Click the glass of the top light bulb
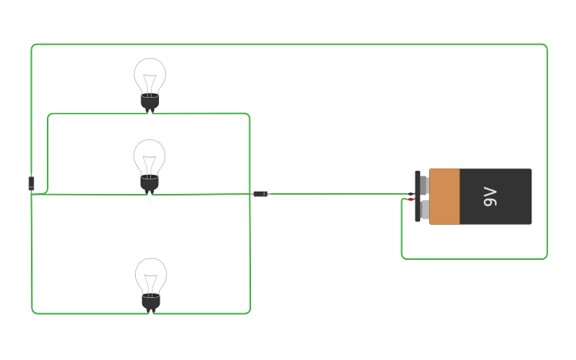pos(150,75)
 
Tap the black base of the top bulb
pos(150,102)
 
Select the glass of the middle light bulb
pos(149,157)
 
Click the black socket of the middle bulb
pos(149,184)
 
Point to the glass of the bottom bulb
pos(151,276)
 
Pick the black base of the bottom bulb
pos(151,303)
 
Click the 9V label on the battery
pos(490,196)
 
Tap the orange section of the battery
pos(444,196)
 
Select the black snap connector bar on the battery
pos(418,196)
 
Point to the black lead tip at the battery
pos(412,194)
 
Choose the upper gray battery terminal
pos(424,185)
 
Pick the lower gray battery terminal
pos(424,210)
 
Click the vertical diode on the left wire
pos(31,184)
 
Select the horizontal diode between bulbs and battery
pos(261,194)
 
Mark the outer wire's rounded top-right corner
pos(545,47)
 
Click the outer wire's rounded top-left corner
pos(34,47)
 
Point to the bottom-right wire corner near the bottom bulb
pos(248,312)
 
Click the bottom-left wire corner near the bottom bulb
pos(34,312)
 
